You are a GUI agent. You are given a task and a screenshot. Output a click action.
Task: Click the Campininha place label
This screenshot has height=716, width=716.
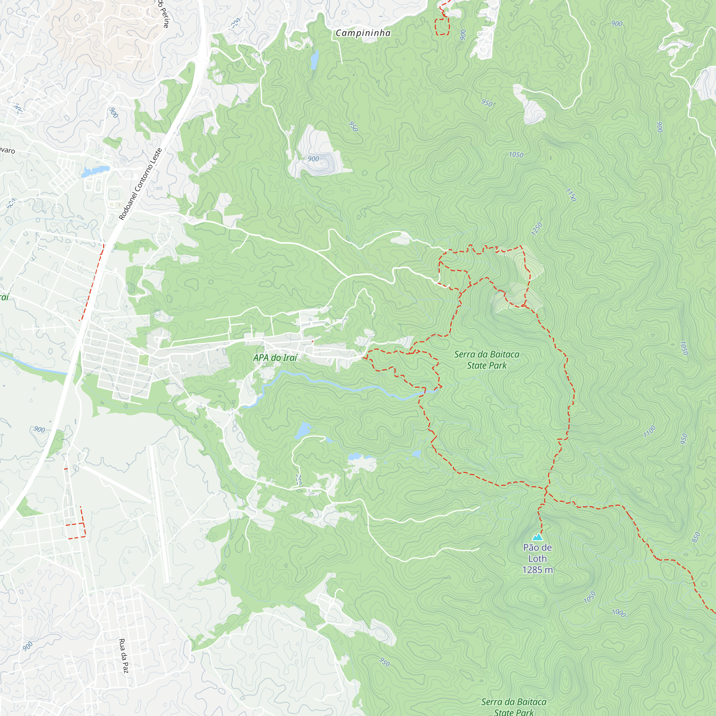[363, 33]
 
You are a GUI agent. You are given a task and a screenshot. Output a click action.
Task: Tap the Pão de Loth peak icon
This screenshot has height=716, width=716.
[537, 537]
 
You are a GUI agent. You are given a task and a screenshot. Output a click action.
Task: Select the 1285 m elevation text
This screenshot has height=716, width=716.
[537, 570]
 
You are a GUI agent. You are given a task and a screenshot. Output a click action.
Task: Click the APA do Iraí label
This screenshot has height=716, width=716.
[275, 358]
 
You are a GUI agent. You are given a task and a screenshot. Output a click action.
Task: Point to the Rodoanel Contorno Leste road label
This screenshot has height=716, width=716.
[140, 184]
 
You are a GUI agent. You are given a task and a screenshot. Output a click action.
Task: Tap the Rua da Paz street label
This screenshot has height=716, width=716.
[124, 655]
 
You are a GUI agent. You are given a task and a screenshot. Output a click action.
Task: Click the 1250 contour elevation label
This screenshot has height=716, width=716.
[537, 229]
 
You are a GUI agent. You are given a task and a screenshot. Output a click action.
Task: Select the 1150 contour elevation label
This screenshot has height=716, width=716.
[571, 194]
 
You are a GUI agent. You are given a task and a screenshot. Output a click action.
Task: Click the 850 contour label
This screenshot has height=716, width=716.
[696, 537]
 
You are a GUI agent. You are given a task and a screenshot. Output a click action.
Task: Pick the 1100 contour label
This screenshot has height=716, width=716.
[649, 431]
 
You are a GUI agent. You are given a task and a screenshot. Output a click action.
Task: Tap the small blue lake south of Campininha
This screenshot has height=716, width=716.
[314, 59]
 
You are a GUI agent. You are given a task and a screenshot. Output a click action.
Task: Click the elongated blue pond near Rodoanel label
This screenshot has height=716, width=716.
[95, 171]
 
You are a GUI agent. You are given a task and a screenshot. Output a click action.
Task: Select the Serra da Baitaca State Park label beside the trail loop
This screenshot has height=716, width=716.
[487, 360]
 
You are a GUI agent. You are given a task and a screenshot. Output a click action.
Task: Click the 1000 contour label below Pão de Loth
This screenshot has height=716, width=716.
[619, 613]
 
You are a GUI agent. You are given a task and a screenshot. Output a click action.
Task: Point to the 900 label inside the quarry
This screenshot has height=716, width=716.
[313, 159]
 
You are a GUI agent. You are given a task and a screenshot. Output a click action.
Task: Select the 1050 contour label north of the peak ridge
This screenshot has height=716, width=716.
[516, 155]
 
